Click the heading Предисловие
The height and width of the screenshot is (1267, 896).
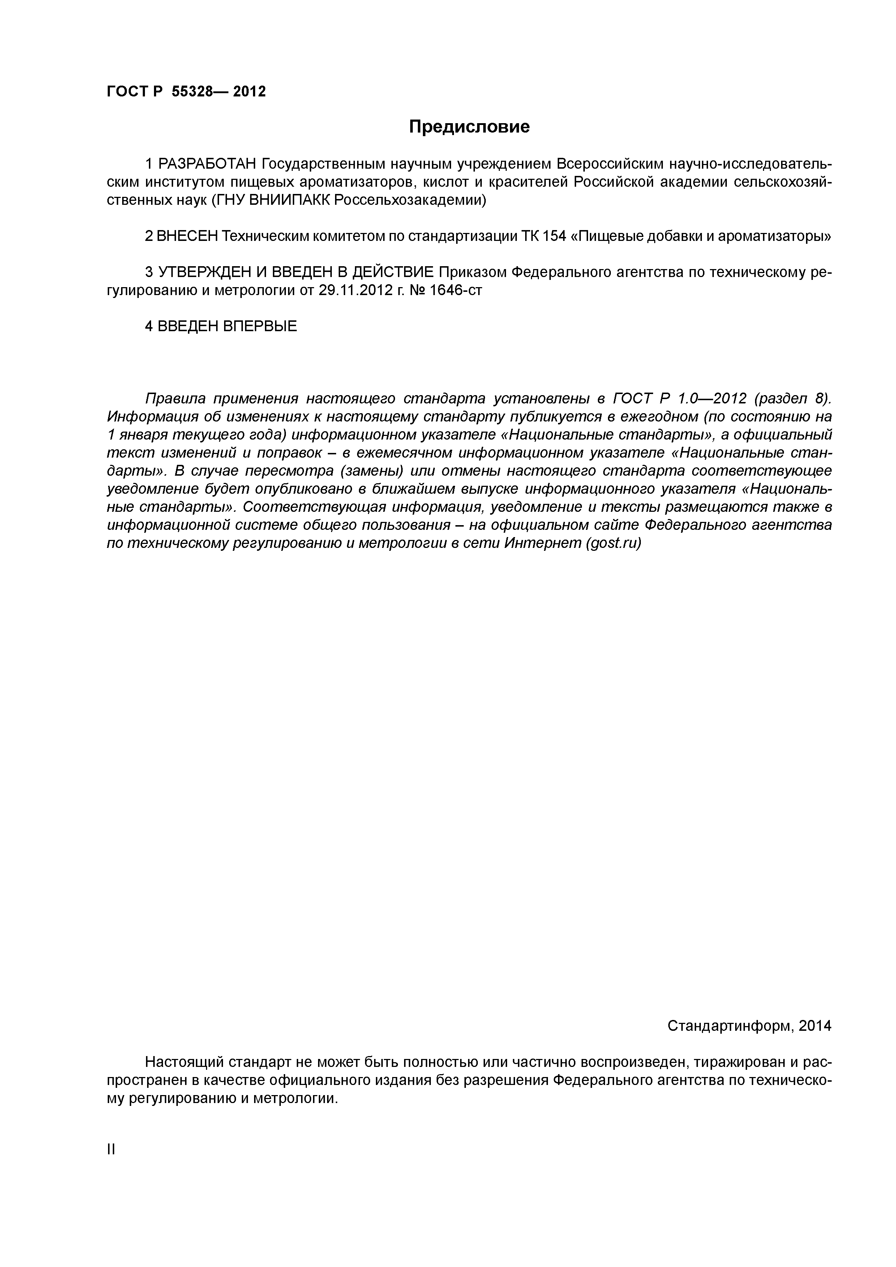point(469,127)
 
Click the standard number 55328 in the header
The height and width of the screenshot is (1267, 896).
point(192,92)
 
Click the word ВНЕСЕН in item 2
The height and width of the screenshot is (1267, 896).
point(187,236)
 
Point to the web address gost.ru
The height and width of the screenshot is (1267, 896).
point(613,544)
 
